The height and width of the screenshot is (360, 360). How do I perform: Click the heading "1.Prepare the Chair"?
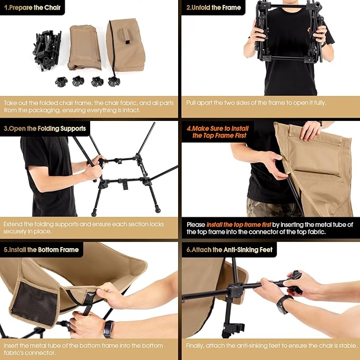tap(32, 7)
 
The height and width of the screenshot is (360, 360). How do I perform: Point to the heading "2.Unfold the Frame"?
tap(213, 7)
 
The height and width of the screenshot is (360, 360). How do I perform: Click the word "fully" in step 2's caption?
tap(316, 102)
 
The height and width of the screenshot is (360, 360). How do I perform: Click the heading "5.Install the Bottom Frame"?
tap(41, 249)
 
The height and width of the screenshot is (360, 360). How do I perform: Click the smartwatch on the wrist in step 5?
tap(108, 329)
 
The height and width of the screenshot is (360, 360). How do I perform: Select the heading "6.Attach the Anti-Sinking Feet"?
tap(229, 249)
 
